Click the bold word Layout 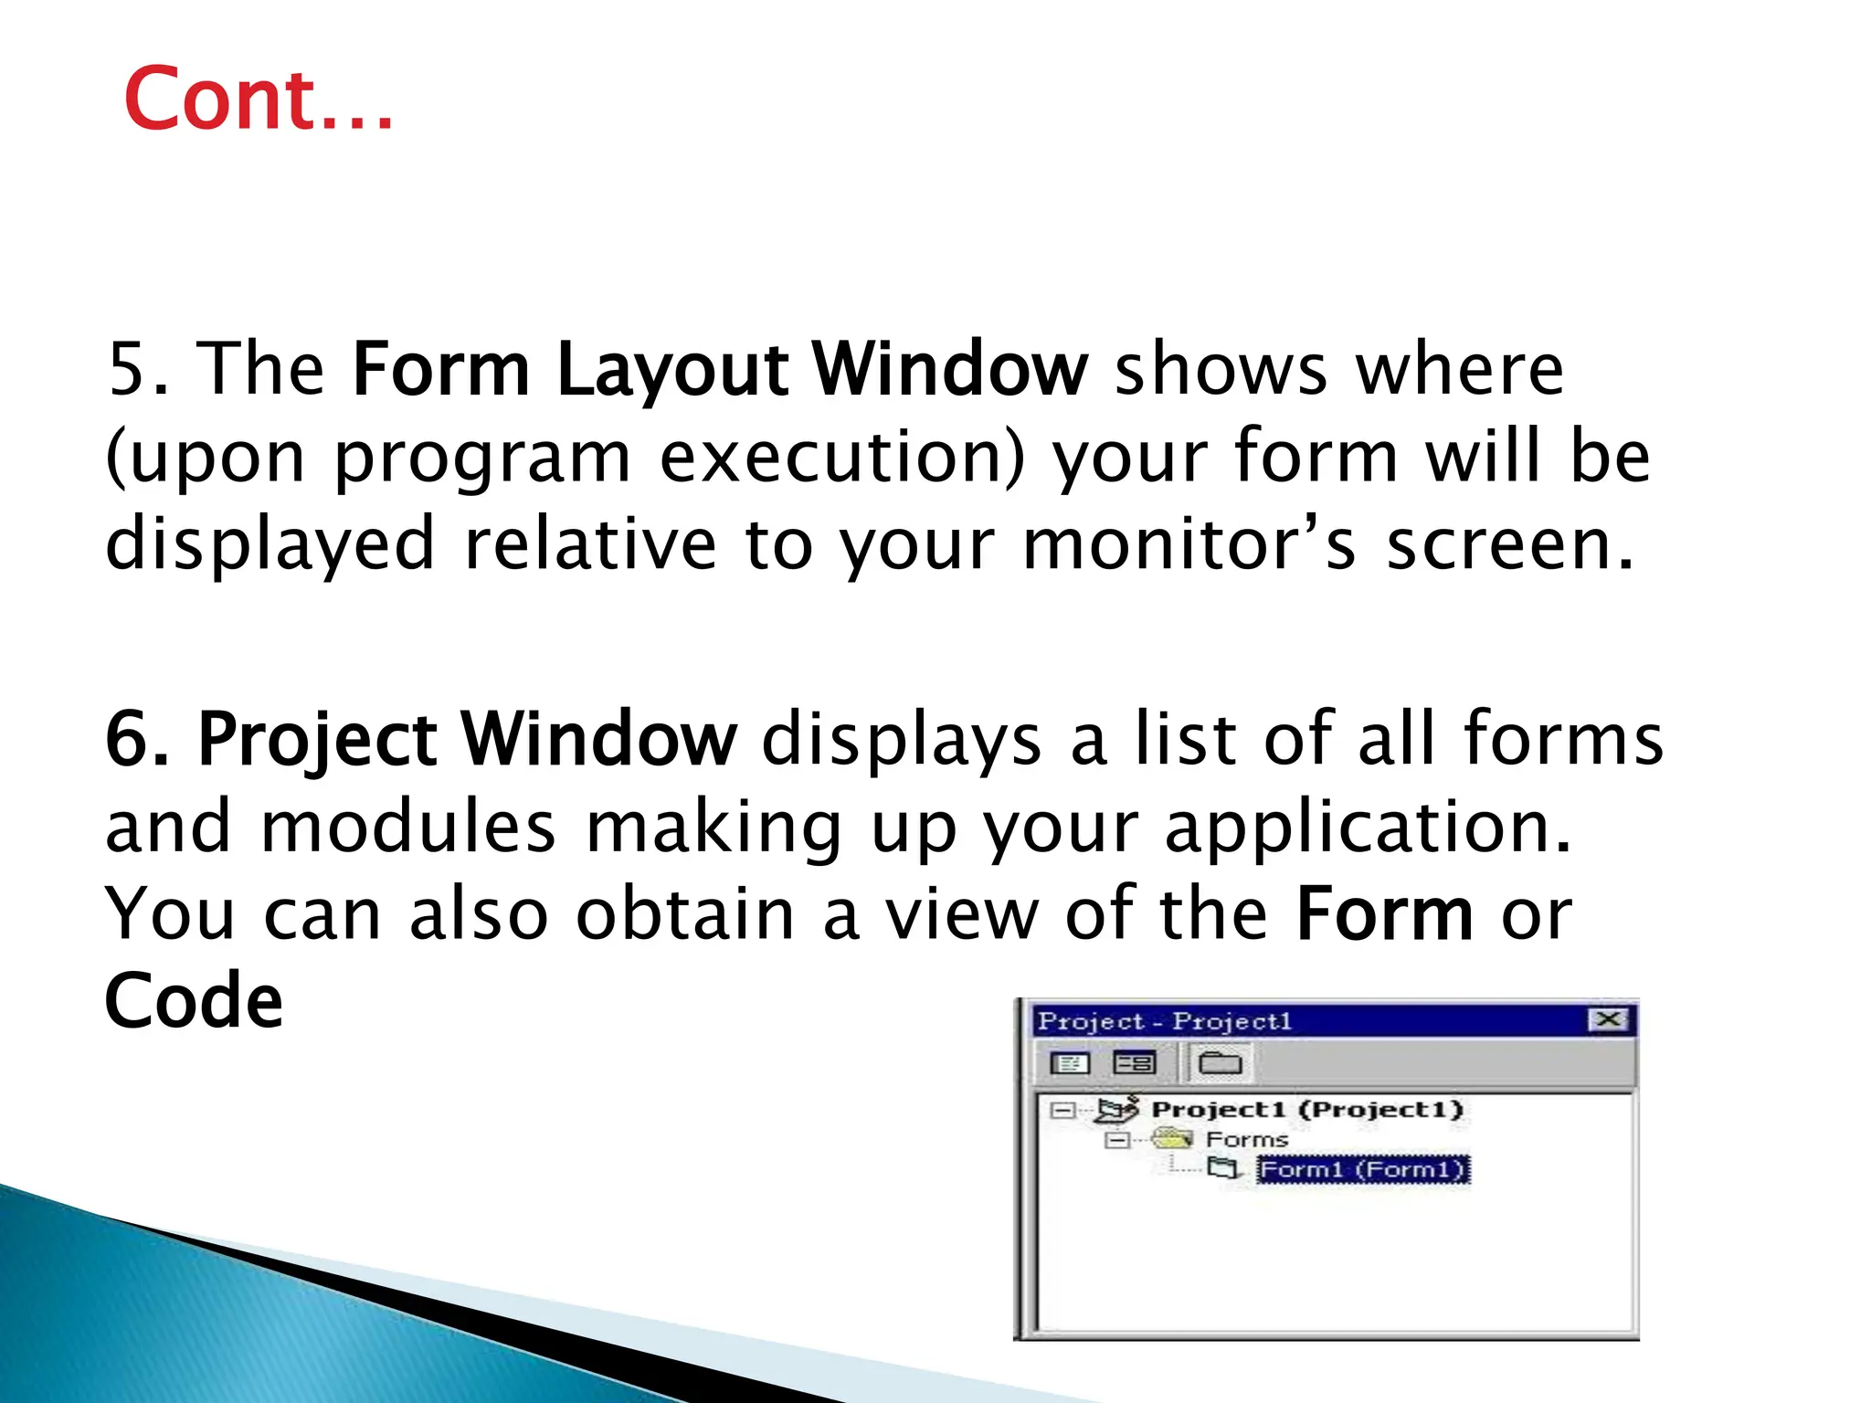tap(671, 370)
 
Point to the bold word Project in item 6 tap(316, 739)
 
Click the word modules tap(407, 827)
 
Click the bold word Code tap(194, 1001)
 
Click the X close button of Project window tap(1608, 1019)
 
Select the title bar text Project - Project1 tap(1165, 1021)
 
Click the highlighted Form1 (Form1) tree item tap(1362, 1169)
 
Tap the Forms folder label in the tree tap(1247, 1139)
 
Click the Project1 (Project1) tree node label tap(1306, 1110)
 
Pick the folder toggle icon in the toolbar tap(1220, 1063)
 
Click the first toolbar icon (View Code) tap(1070, 1063)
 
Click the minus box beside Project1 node tap(1062, 1111)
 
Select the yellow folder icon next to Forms tap(1172, 1138)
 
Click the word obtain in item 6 tap(685, 914)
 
